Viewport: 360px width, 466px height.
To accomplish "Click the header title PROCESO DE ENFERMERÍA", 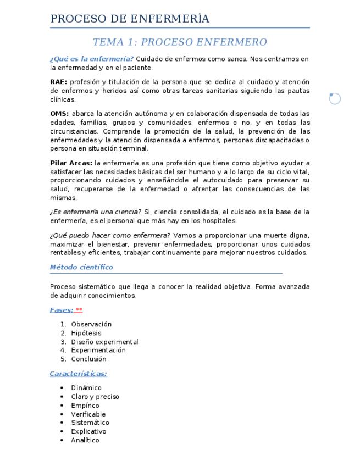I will pos(130,19).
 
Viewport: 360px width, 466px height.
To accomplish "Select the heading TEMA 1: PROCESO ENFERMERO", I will pos(180,42).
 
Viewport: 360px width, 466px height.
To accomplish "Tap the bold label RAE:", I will pos(58,82).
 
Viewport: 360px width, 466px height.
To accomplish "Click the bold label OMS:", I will pos(59,114).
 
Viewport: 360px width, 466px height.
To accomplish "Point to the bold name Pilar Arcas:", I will pos(71,163).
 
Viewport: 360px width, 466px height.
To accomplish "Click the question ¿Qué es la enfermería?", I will pos(91,59).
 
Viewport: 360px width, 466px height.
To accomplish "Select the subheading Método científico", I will pos(81,267).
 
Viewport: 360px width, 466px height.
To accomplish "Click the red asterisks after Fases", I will pos(79,310).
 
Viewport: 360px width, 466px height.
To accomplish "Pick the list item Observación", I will pos(91,324).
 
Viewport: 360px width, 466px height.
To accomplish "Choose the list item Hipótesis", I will pos(86,333).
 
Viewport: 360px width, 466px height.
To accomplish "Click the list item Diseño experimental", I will pos(104,342).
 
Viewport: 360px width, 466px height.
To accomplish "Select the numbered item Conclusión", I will pos(88,359).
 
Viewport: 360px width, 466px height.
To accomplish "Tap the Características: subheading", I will pos(78,374).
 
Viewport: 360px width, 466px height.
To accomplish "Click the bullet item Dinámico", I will pos(86,388).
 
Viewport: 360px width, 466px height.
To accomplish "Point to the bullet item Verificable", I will pos(88,414).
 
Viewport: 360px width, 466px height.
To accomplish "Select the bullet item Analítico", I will pos(85,440).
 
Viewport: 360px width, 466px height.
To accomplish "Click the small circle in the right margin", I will pos(335,98).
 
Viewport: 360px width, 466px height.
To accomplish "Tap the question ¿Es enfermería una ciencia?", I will pos(95,212).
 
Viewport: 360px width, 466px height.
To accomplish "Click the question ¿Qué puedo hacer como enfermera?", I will pos(110,236).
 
